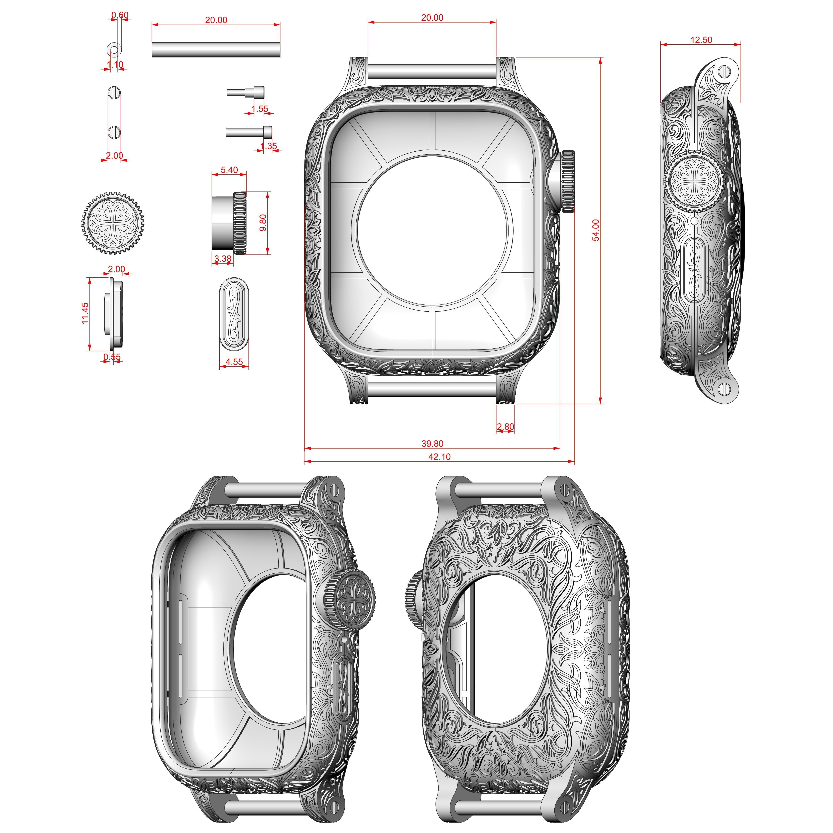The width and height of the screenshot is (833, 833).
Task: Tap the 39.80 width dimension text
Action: [x=432, y=443]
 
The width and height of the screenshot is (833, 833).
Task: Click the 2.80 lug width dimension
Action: [x=505, y=426]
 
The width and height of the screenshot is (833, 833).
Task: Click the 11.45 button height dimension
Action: [x=85, y=313]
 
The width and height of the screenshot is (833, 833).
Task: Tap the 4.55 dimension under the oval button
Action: [x=234, y=362]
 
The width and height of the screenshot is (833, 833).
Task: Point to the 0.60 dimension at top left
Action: [x=120, y=15]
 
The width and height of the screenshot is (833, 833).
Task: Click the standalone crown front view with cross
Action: [x=112, y=222]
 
